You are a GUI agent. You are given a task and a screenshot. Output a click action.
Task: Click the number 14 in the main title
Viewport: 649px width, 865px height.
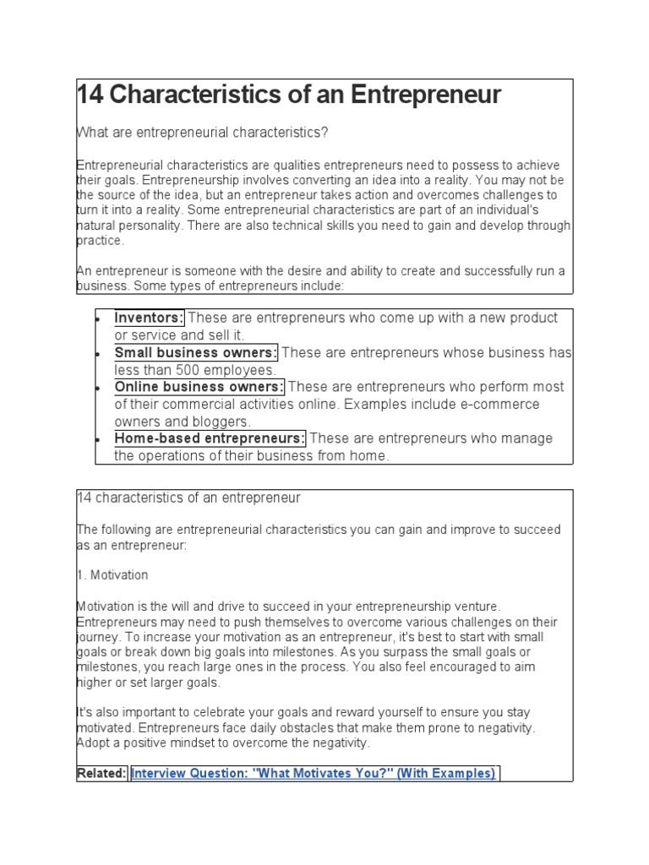[90, 95]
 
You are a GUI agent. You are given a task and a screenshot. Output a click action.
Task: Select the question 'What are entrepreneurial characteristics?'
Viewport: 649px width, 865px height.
[202, 133]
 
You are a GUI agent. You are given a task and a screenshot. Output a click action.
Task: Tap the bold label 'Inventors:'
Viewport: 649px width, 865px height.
[149, 318]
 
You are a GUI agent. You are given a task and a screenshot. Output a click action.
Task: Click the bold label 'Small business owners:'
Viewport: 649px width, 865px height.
[196, 352]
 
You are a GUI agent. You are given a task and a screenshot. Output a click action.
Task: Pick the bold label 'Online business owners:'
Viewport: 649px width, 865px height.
[199, 387]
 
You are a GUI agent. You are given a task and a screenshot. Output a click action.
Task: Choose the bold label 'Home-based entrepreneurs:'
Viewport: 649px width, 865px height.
[210, 438]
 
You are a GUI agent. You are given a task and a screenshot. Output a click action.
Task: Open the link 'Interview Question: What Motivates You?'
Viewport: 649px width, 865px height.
[314, 773]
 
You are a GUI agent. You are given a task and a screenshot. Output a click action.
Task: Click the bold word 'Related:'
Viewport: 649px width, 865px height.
[101, 773]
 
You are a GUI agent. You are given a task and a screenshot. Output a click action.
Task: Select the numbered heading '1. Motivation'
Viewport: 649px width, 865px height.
[112, 575]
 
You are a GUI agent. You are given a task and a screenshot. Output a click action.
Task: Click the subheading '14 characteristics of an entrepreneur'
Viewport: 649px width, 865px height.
[188, 498]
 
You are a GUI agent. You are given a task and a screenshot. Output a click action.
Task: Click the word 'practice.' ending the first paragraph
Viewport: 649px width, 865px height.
[101, 241]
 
